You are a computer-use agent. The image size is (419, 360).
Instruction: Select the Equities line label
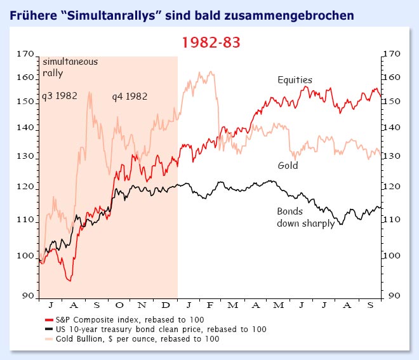pos(295,80)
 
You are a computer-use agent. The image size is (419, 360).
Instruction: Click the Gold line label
pos(288,166)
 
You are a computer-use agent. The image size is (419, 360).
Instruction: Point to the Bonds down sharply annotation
pos(305,217)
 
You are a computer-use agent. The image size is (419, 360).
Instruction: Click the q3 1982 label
pos(59,97)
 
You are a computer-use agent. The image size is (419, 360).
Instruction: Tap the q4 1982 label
pos(130,97)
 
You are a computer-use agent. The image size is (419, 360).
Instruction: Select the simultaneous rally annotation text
pos(62,67)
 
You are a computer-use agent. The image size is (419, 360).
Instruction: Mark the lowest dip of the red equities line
pos(70,280)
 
